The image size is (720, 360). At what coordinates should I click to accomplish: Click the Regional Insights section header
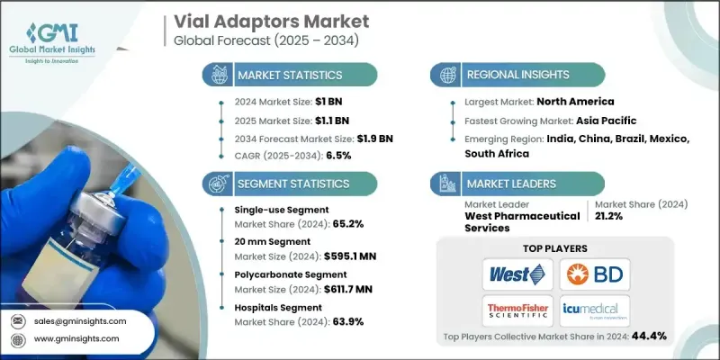click(x=514, y=76)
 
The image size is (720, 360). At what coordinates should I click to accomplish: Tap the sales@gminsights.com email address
click(x=82, y=320)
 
